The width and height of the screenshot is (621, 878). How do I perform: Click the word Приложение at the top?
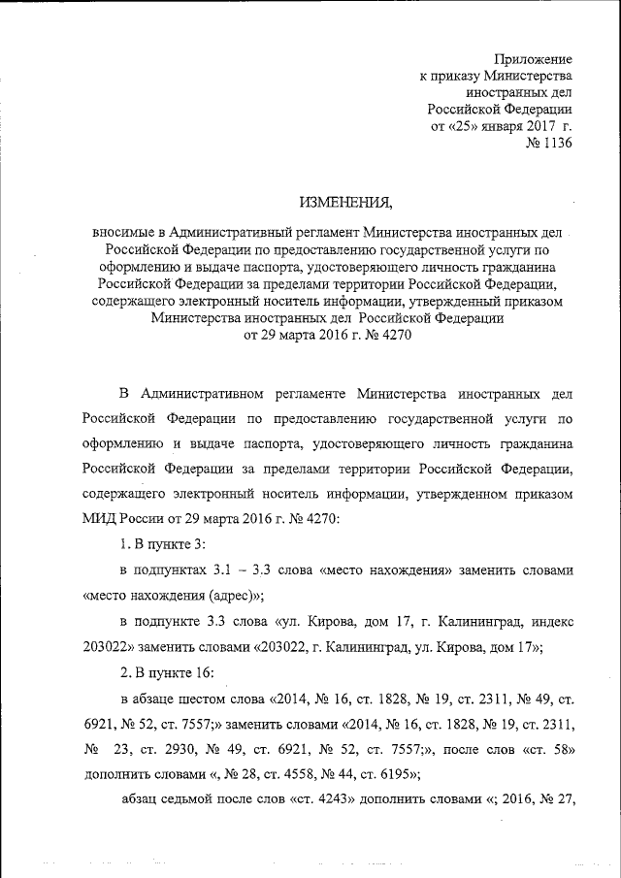click(x=533, y=58)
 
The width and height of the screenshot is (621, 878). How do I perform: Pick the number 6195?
click(x=395, y=774)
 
